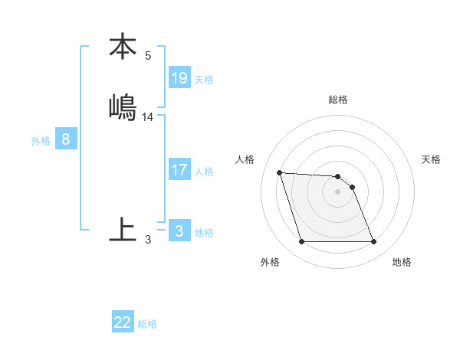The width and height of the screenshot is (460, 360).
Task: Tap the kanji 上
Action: coord(123,229)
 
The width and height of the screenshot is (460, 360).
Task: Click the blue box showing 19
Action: coord(179,78)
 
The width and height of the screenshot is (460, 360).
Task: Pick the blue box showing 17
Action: coord(179,170)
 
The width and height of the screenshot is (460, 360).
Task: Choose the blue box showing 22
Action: coord(123,322)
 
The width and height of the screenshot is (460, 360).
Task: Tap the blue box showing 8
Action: coord(66,139)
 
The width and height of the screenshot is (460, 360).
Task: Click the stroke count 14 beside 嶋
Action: coord(148,117)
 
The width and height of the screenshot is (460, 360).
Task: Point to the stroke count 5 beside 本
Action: coord(148,56)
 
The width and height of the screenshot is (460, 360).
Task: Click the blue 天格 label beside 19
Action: coord(204,80)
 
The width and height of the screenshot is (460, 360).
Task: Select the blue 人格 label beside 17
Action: coord(204,172)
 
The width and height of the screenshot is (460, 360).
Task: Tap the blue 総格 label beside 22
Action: coord(147,324)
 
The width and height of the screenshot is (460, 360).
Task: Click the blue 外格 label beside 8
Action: coord(41,141)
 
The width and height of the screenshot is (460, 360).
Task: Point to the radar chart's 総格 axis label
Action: coord(338,100)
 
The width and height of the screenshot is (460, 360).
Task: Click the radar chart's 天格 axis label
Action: coord(432,159)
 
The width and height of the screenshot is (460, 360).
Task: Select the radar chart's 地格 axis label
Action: coord(402,262)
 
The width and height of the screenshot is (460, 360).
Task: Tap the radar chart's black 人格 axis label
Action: coord(245,159)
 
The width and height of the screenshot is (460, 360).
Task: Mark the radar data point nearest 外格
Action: coord(301,242)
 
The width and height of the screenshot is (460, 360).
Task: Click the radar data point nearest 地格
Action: coord(373,242)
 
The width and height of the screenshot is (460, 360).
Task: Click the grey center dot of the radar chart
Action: coord(337,192)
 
